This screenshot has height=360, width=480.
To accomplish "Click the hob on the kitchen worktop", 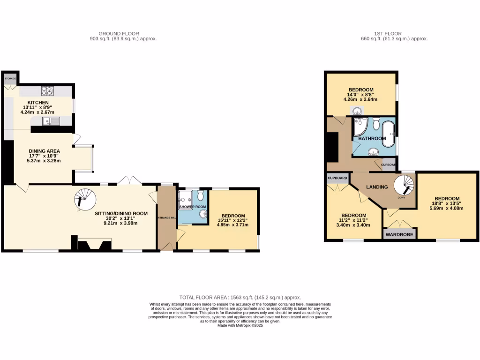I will pos(47,90).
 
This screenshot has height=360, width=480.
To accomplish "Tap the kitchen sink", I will pos(51,121).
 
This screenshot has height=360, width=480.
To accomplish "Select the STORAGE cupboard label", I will pos(10,78).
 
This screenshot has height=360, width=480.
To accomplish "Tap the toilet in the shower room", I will pos(201,194).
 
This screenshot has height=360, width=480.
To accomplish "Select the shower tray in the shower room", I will pos(186,199).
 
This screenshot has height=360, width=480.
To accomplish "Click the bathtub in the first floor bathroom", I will pos(388,134).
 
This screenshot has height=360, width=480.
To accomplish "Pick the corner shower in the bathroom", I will pos(360,127).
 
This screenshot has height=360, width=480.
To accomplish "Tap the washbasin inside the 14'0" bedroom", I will pos(357,111).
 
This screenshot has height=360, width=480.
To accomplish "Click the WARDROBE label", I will pos(399,234).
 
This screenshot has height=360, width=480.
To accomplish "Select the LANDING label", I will pos(377,187).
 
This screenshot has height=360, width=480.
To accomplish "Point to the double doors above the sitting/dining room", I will pos(129,180).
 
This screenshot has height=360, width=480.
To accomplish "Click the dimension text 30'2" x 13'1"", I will pos(121,218).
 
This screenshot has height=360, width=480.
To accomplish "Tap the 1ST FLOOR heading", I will pos(385,33).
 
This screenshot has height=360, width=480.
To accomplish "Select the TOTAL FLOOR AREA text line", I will pos(240,298).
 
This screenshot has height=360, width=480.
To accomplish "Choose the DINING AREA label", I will pos(44,150).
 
